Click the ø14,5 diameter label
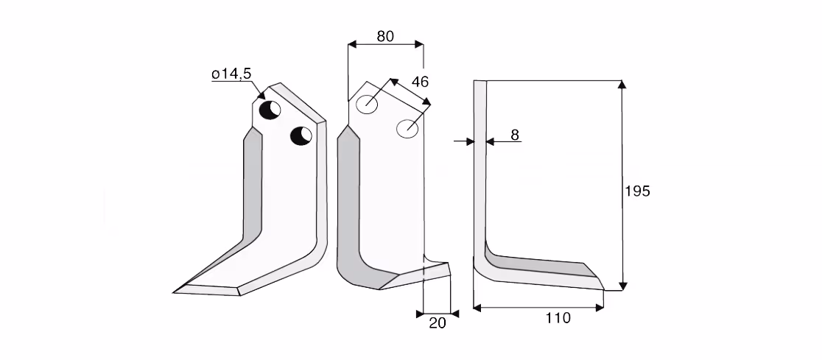231,74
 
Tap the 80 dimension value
385,36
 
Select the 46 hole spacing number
420,82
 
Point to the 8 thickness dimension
515,135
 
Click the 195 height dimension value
637,191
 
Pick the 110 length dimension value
558,317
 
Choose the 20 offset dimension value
438,323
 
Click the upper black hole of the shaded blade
270,110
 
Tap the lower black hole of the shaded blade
301,135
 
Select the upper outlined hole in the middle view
367,105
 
